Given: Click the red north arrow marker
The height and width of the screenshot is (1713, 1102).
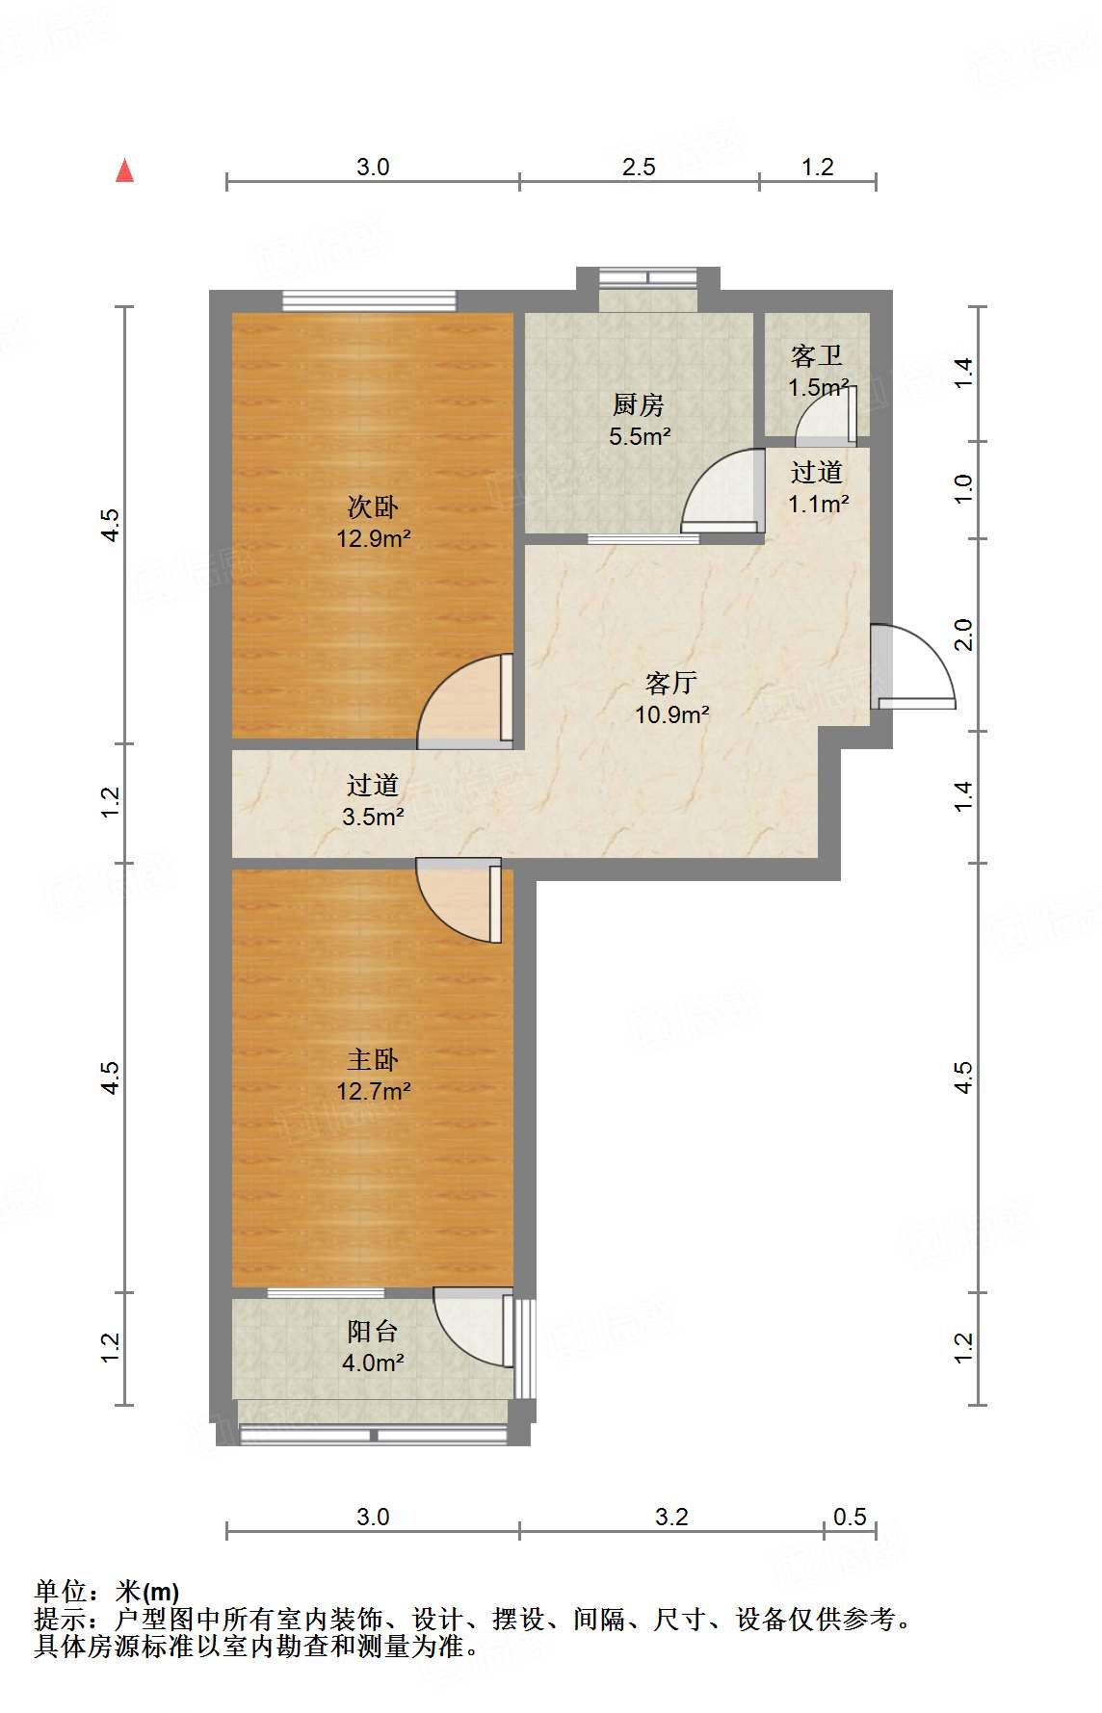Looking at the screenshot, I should point(124,170).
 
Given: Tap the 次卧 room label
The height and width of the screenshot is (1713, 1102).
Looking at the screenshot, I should point(373,506).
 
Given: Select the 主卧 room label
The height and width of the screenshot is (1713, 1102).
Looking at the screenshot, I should point(373,1059).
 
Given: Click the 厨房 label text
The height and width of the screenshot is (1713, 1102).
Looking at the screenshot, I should point(639,404).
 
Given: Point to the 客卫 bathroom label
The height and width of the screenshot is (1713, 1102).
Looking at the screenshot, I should point(817,356).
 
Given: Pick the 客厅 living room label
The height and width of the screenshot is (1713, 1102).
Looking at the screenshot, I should point(671,683).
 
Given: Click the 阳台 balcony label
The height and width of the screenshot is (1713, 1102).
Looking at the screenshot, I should point(373,1331).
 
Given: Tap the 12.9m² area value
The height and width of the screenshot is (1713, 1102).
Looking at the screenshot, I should point(373,538).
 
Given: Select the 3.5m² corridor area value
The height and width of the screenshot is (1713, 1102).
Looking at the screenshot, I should point(373,817).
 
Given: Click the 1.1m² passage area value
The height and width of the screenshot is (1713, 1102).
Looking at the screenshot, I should point(818,503).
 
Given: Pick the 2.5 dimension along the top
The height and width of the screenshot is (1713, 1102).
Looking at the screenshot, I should point(639,167).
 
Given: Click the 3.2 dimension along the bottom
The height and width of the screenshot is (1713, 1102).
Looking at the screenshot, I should point(671,1517).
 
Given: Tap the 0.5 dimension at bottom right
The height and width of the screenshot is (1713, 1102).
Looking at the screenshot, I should point(850,1517).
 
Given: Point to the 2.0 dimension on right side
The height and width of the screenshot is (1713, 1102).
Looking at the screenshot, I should point(964,635).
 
